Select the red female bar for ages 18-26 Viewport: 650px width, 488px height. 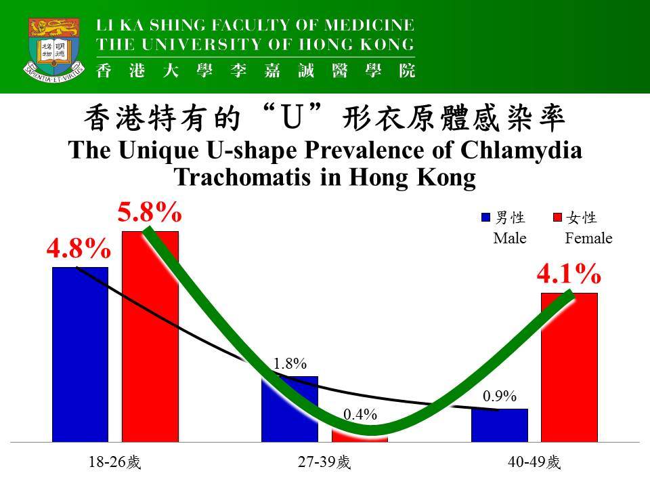(150, 339)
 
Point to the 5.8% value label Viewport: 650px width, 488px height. (150, 213)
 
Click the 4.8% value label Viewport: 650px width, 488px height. (79, 249)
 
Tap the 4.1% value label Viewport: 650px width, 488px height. (569, 275)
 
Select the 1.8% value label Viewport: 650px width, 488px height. (290, 364)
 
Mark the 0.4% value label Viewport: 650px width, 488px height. (360, 414)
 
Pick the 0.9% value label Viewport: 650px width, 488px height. (500, 396)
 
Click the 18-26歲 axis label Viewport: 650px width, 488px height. (114, 463)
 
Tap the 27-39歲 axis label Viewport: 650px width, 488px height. (324, 463)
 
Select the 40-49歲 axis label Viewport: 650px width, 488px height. (534, 463)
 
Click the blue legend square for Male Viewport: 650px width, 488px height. (485, 218)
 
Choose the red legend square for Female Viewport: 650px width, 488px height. (558, 218)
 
